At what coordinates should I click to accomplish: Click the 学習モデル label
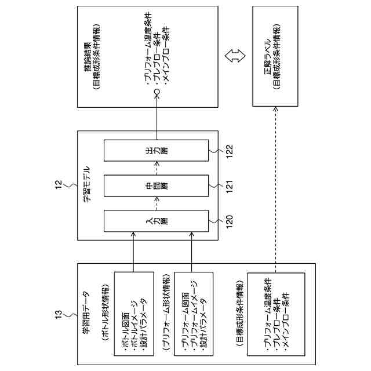click(x=86, y=185)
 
